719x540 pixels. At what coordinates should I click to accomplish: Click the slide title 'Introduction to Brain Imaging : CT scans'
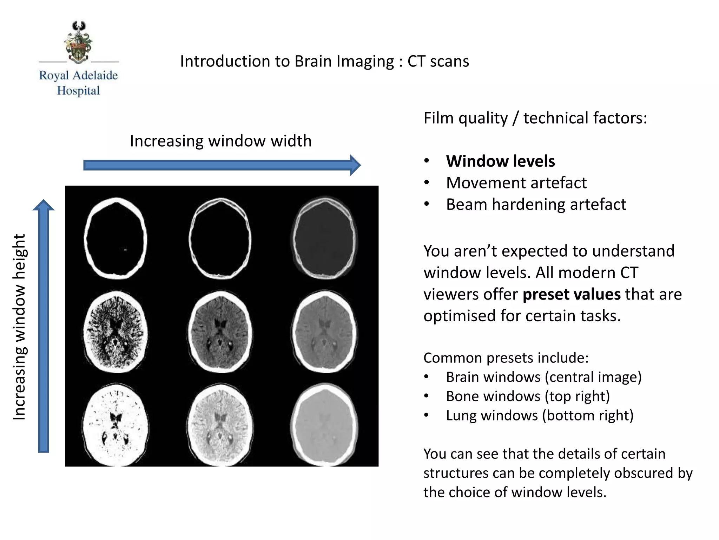(x=324, y=61)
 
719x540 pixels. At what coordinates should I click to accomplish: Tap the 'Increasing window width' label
(x=220, y=141)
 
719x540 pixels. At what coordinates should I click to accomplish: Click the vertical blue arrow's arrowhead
(x=44, y=205)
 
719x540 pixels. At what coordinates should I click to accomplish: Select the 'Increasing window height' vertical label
(x=20, y=327)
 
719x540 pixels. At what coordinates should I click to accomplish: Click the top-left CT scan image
(x=116, y=239)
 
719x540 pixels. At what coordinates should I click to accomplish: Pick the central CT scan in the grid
(x=220, y=332)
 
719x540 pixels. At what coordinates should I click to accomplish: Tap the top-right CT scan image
(x=324, y=239)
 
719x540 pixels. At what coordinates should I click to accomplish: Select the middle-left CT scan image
(x=116, y=332)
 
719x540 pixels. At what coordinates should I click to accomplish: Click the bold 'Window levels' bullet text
(x=500, y=161)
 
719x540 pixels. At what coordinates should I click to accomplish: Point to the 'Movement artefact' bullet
(x=516, y=183)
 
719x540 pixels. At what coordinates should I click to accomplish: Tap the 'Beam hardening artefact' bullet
(x=536, y=204)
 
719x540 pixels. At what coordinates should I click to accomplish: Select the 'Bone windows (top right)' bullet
(x=528, y=396)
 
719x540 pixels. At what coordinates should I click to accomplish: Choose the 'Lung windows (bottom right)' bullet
(x=540, y=416)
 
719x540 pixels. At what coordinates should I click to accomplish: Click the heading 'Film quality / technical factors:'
(x=535, y=118)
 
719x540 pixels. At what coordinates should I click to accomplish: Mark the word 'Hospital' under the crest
(x=79, y=91)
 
